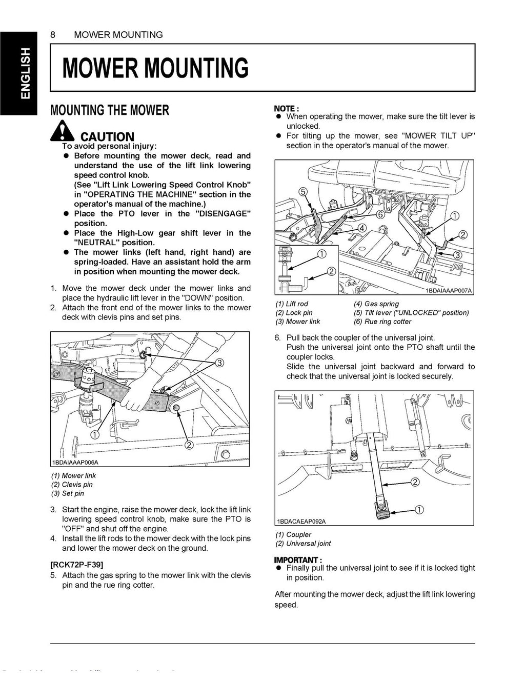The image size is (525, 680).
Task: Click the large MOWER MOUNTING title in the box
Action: coord(155,68)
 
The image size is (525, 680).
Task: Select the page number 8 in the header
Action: coord(53,35)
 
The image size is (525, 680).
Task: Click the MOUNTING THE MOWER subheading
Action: coord(109,110)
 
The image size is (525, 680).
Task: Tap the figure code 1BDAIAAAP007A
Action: coord(449,291)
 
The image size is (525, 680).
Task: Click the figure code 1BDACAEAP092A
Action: coord(301,521)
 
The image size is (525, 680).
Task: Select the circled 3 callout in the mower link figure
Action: coord(219,363)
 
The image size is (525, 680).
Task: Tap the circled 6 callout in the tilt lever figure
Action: coord(380,214)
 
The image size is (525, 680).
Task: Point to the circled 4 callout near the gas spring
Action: coord(362,228)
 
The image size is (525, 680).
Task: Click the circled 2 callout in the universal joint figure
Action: coord(415,482)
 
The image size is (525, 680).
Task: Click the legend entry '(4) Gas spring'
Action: coord(376,304)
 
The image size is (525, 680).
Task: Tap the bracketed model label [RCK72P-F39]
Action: coord(77,565)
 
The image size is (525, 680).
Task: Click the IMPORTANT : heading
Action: coord(298,559)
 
